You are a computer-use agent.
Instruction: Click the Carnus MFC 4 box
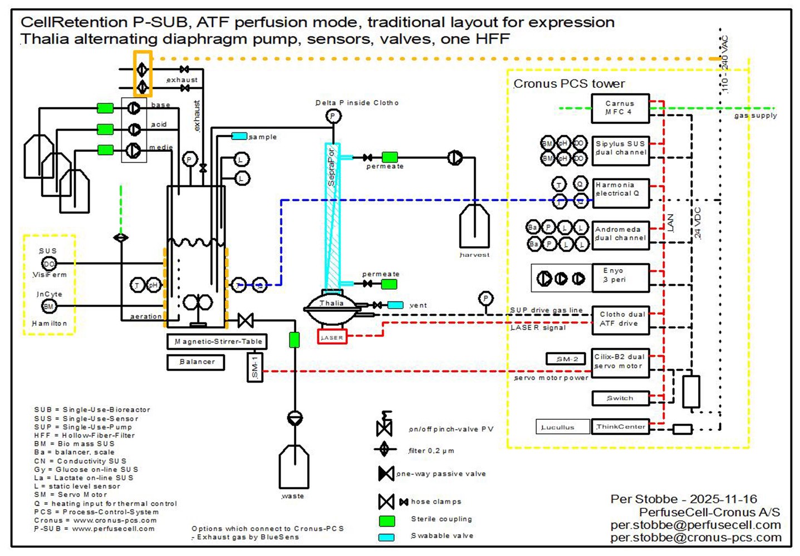pos(620,108)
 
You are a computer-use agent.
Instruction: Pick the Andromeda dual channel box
pos(620,234)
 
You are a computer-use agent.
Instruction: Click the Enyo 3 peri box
pos(620,277)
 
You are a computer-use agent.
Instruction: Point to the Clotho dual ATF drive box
pos(620,320)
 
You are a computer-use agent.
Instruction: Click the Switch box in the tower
pos(620,398)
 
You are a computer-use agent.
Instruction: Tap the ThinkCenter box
pos(620,427)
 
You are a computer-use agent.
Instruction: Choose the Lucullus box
pos(562,427)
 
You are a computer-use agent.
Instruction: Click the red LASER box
pos(332,337)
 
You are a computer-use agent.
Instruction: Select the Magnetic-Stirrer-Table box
pos(217,341)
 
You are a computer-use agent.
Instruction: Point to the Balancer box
pos(196,362)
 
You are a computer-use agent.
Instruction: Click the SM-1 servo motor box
pos(255,367)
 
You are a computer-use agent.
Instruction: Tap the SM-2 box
pos(566,359)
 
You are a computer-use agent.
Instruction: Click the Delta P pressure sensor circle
pos(333,116)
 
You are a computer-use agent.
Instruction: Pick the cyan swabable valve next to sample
pos(239,136)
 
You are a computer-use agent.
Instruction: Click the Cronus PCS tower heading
pos(569,84)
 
